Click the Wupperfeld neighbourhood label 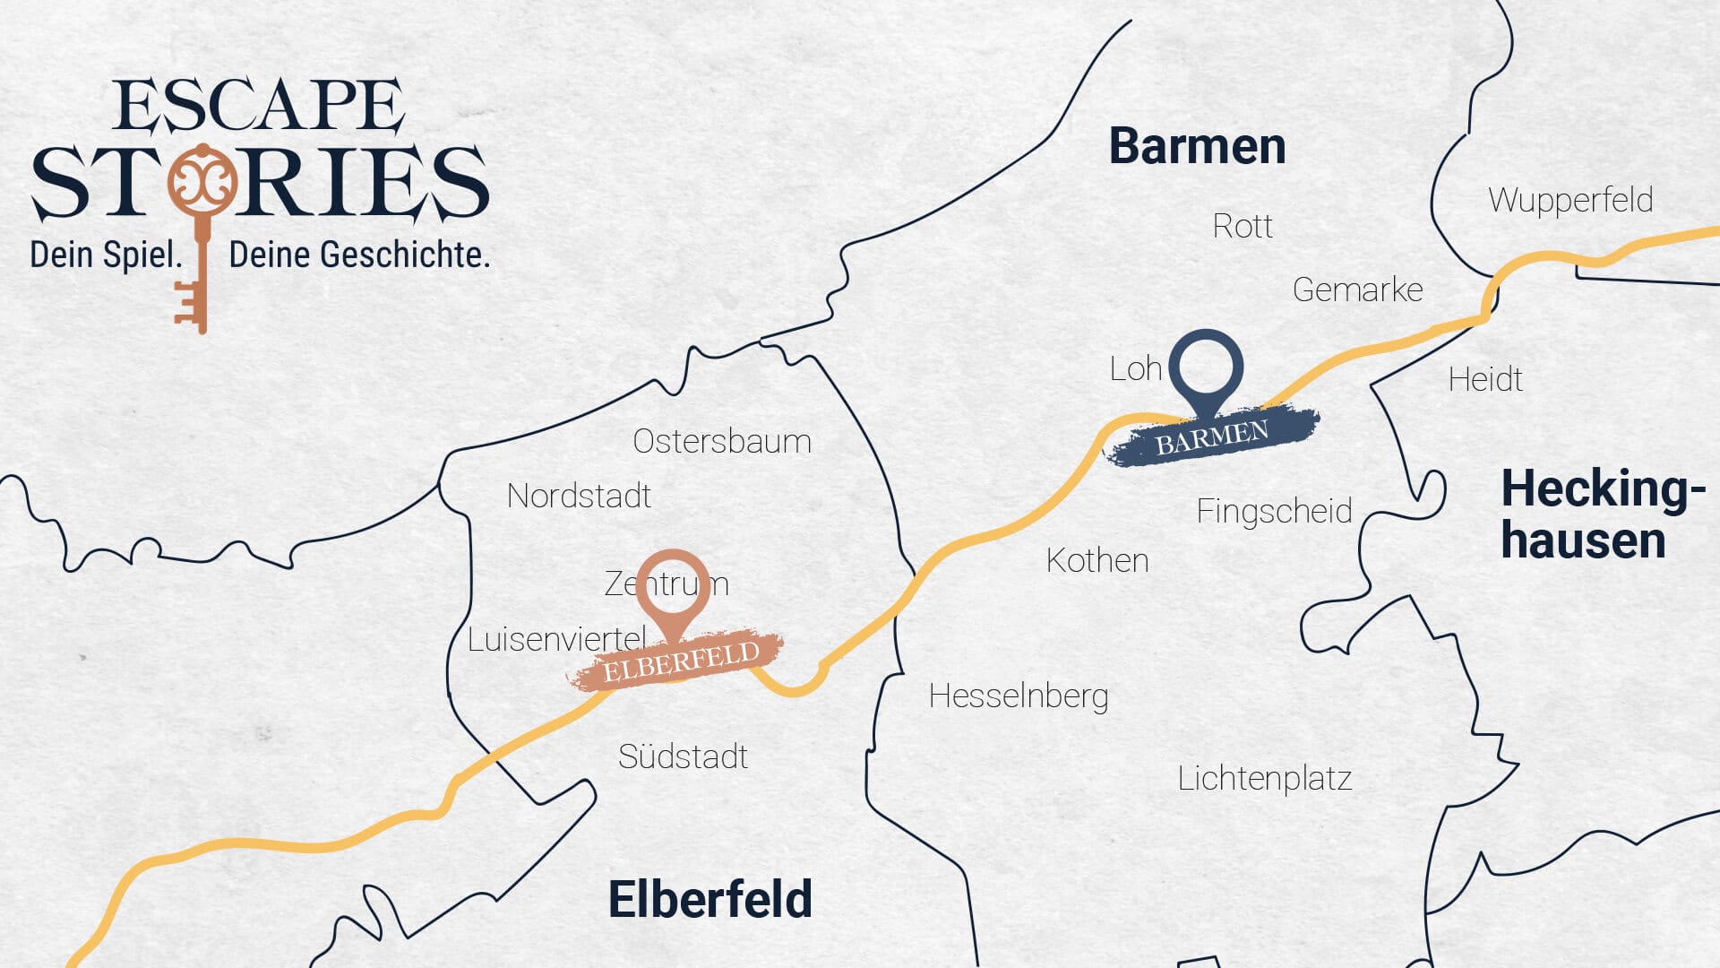click(x=1570, y=200)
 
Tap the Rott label click(x=1243, y=226)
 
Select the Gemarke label click(x=1357, y=290)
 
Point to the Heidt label click(x=1485, y=379)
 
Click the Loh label click(x=1135, y=368)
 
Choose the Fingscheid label click(x=1274, y=511)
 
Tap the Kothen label click(x=1097, y=560)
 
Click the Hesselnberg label click(x=1019, y=696)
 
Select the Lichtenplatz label click(x=1265, y=778)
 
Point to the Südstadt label click(x=683, y=756)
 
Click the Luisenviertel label click(x=556, y=639)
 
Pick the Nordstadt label click(x=579, y=496)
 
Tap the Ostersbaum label click(x=722, y=441)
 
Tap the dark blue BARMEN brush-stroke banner click(x=1213, y=437)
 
